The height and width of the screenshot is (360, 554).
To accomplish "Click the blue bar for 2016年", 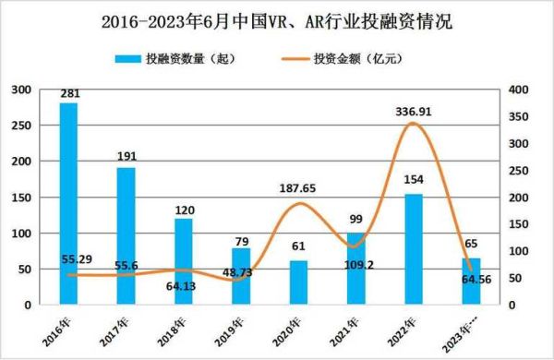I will coord(67,203).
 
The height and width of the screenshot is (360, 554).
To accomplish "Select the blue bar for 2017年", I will coord(126,235).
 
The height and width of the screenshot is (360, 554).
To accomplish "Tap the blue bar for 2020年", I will coord(298,282).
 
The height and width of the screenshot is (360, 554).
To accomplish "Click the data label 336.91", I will coord(413,110).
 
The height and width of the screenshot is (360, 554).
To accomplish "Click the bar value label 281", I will coord(67,93).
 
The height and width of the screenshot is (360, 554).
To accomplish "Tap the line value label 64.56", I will coord(473,294).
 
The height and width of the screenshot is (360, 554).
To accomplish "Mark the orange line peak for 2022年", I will coord(414,124).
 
